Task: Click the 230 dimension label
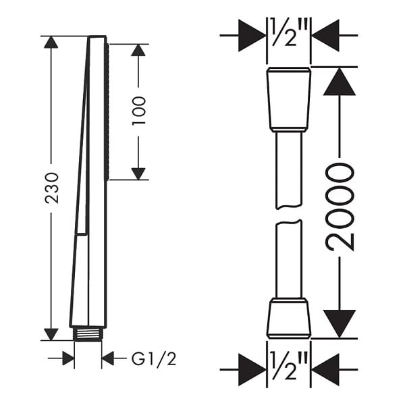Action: pyautogui.click(x=51, y=188)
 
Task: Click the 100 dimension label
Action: pyautogui.click(x=138, y=111)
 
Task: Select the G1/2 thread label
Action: pyautogui.click(x=154, y=358)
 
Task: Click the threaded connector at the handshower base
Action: pyautogui.click(x=88, y=334)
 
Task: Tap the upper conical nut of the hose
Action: pyautogui.click(x=289, y=99)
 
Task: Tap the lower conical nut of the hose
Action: pyautogui.click(x=289, y=318)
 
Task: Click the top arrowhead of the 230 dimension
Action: pyautogui.click(x=51, y=42)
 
